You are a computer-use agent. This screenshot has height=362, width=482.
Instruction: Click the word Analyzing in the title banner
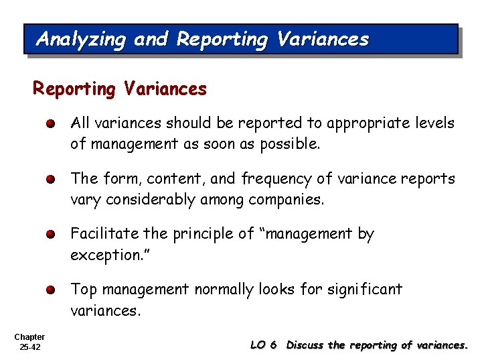(x=80, y=40)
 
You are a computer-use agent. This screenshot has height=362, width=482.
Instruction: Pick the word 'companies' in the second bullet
(x=289, y=200)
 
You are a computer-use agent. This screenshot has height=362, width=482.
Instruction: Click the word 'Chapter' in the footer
(x=29, y=337)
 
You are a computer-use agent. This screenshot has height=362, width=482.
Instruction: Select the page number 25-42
(x=29, y=347)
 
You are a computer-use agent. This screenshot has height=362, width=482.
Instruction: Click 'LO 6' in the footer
(x=263, y=345)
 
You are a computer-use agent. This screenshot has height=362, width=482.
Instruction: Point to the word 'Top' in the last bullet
(x=83, y=290)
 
